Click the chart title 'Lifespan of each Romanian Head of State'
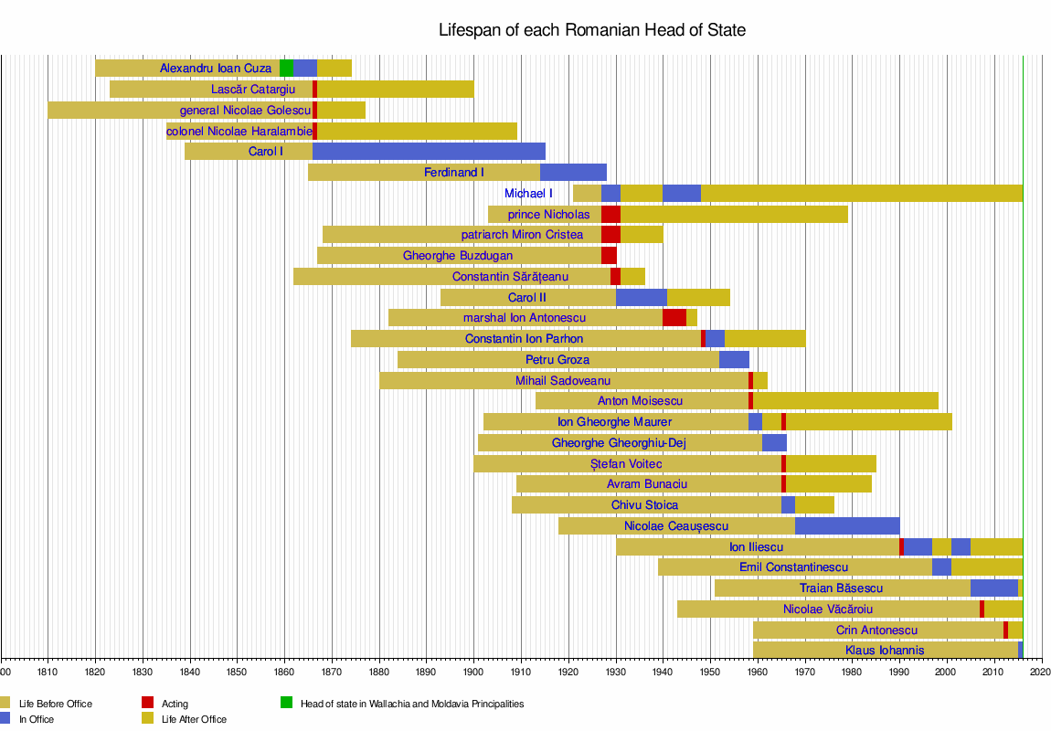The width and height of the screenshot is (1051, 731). (x=592, y=30)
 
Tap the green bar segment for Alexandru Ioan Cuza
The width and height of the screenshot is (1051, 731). (x=286, y=68)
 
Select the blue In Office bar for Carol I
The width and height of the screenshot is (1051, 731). (x=429, y=152)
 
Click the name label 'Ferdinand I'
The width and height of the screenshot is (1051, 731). (x=454, y=173)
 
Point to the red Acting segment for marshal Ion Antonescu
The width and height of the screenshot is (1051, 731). (x=674, y=318)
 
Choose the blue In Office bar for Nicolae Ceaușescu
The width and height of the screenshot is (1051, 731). (x=847, y=526)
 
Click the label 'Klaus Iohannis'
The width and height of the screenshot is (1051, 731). (x=885, y=651)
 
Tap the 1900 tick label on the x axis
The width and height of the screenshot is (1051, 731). (x=473, y=672)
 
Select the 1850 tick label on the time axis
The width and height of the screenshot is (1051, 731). (x=237, y=672)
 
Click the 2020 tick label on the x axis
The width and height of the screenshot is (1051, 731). (x=1039, y=672)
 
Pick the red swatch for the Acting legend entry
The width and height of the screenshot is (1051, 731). (x=147, y=704)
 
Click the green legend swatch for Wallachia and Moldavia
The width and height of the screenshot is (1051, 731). (x=287, y=704)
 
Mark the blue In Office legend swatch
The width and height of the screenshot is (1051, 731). (x=5, y=719)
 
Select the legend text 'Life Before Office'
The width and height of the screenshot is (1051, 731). (x=55, y=704)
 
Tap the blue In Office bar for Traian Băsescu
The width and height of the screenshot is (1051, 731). (x=993, y=588)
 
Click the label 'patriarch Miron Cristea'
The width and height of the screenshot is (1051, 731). (x=522, y=235)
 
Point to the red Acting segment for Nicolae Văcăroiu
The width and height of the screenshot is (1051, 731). (x=982, y=609)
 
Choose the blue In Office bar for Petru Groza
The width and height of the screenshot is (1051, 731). (x=734, y=360)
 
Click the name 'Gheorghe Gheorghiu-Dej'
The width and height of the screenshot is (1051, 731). (x=619, y=443)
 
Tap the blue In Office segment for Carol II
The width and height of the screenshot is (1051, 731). (x=641, y=298)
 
